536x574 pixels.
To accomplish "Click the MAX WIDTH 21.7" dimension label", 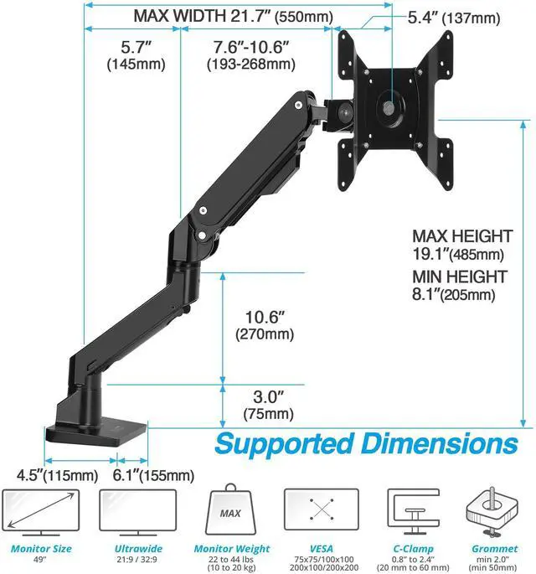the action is click(233, 16).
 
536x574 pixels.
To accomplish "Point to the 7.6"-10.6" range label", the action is click(252, 55).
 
